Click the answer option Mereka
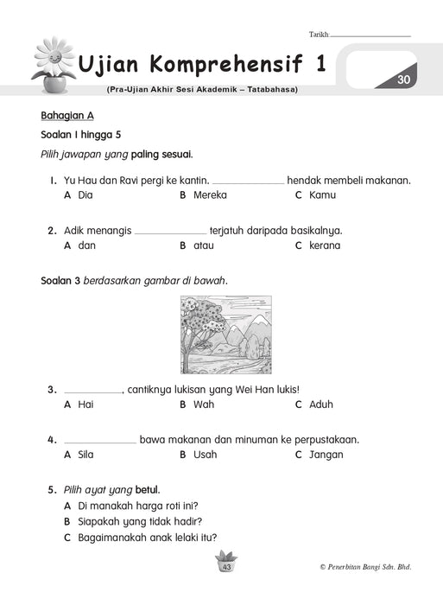[210, 195]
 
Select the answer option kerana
[325, 245]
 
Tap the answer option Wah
[204, 404]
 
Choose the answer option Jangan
[326, 455]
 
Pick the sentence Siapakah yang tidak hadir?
[140, 522]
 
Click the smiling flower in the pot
[54, 65]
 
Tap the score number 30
[403, 80]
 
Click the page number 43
[227, 567]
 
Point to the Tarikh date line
[370, 36]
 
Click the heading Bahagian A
[67, 116]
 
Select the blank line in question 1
[249, 183]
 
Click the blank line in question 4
[100, 443]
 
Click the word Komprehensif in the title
[226, 64]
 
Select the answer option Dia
[85, 195]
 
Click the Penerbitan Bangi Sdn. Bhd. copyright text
[365, 567]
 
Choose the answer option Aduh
[320, 404]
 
